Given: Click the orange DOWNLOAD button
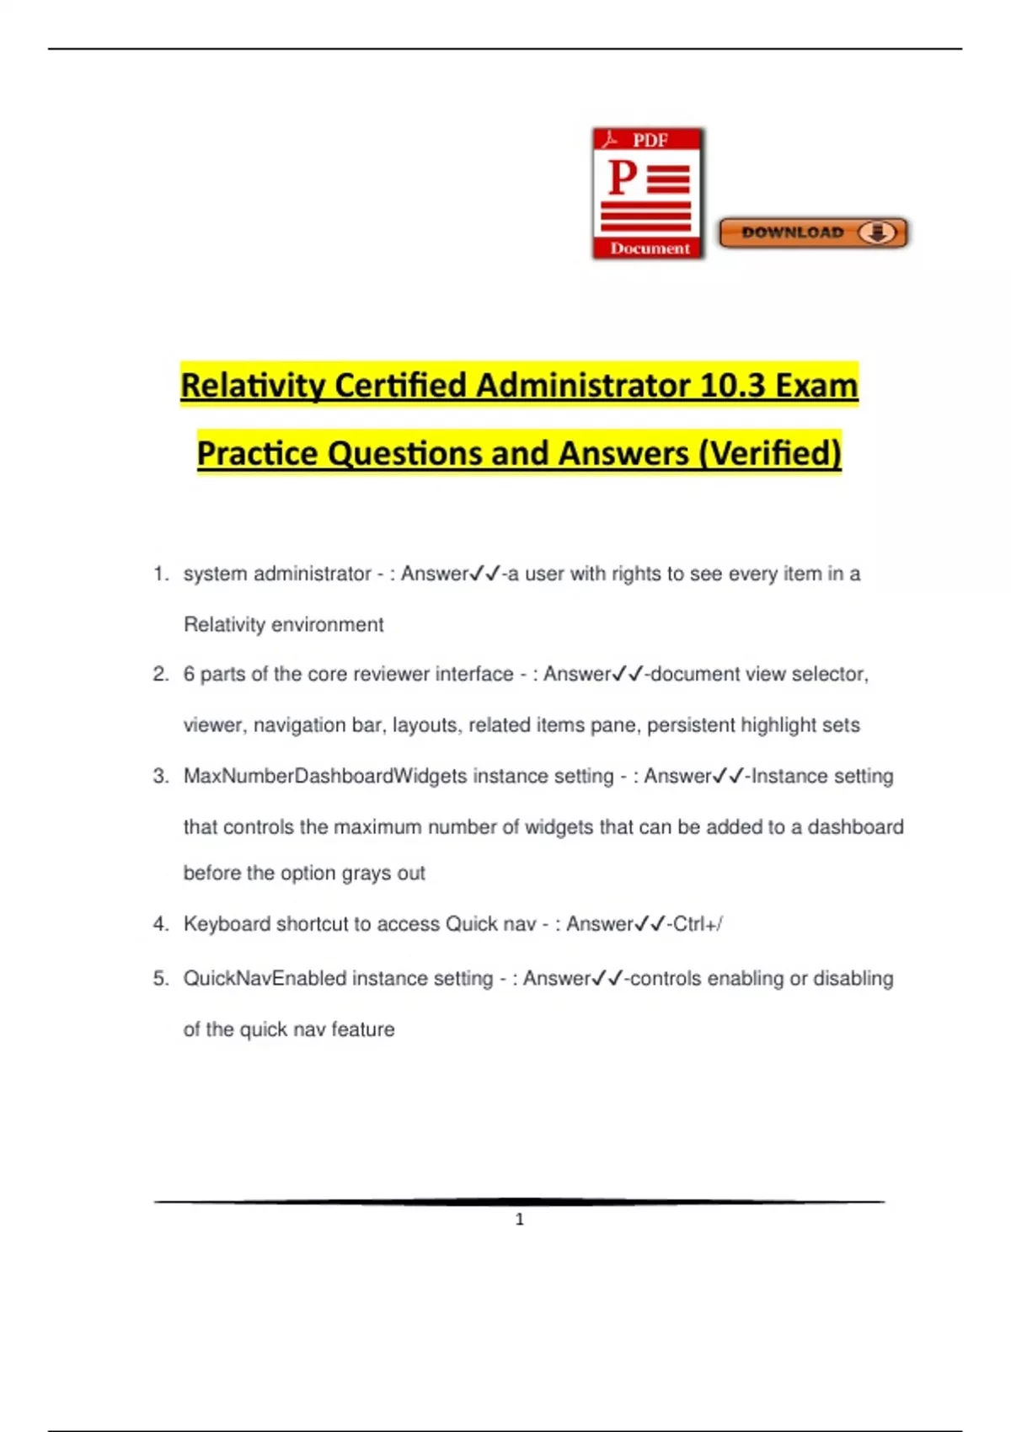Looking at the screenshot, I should click(x=813, y=232).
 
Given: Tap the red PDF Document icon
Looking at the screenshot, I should click(x=648, y=193).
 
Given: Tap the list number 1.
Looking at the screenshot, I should click(x=160, y=574).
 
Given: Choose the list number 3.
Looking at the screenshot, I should click(x=160, y=776).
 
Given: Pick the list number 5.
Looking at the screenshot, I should click(x=160, y=978).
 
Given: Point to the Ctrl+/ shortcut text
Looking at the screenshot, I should click(x=698, y=924).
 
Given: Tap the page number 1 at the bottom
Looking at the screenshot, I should click(x=519, y=1219).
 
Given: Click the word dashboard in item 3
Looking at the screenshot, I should click(x=855, y=827).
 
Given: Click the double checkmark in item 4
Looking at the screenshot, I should click(x=650, y=924).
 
